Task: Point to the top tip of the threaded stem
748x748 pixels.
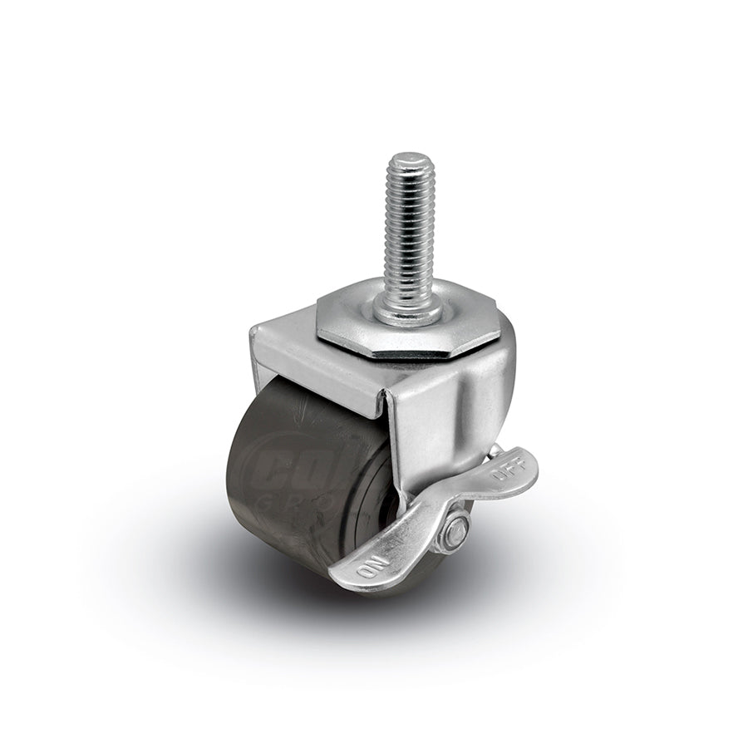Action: click(406, 157)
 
